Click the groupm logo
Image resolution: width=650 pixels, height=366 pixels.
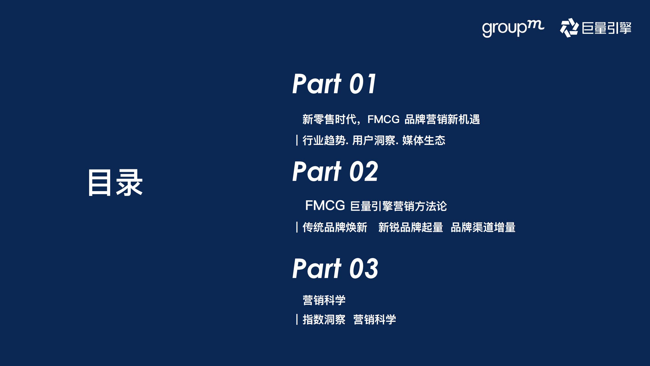[x=513, y=28]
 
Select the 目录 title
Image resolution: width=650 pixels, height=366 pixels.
[x=115, y=183]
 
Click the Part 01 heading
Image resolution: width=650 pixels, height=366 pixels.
[x=334, y=84]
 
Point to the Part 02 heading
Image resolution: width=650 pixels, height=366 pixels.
[x=335, y=172]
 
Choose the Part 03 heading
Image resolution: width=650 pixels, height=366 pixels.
[x=335, y=269]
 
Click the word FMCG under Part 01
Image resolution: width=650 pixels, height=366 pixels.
[x=383, y=119]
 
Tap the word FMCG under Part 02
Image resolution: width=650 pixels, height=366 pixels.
[x=325, y=205]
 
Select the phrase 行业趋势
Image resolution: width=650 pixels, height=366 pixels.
[x=324, y=140]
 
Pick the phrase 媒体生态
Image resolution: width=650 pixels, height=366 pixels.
[x=424, y=140]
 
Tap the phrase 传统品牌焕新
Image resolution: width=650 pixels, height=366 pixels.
[x=335, y=227]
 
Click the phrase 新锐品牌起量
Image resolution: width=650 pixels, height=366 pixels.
[x=411, y=227]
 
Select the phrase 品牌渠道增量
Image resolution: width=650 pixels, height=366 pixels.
[x=483, y=227]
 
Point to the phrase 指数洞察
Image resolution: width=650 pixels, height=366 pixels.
[x=324, y=319]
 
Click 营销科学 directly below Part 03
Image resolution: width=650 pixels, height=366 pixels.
[x=324, y=300]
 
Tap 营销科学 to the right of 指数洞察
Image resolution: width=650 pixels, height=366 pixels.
[x=375, y=319]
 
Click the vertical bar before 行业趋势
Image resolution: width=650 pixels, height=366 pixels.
[x=297, y=140]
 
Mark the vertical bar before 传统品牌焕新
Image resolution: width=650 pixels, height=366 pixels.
[x=297, y=227]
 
